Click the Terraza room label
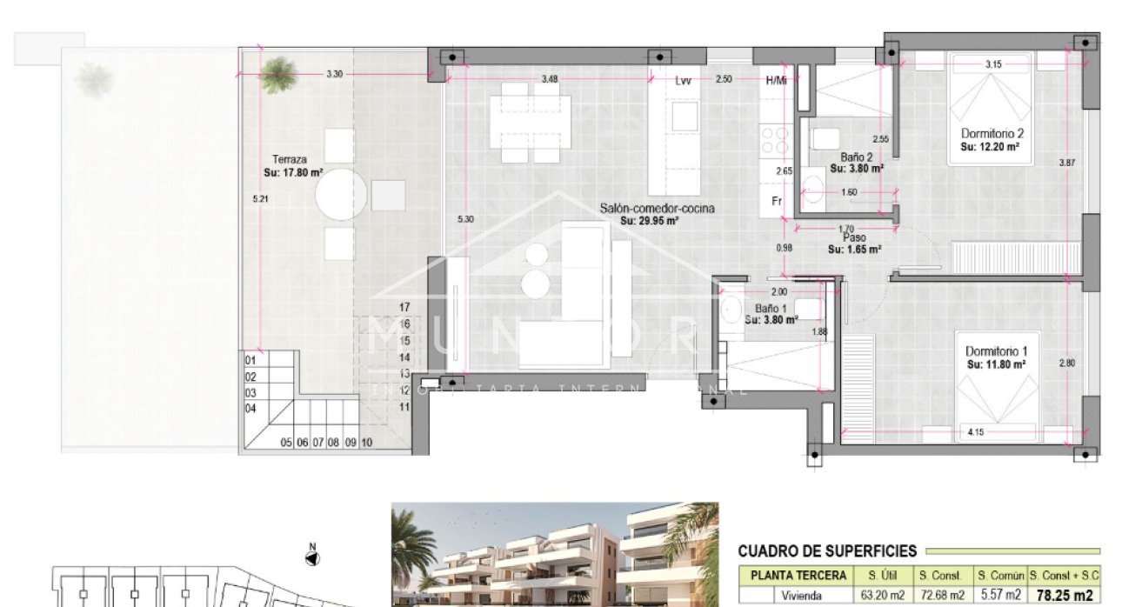pyautogui.click(x=289, y=160)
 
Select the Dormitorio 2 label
pyautogui.click(x=992, y=134)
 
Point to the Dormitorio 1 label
pyautogui.click(x=995, y=351)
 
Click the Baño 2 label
pyautogui.click(x=856, y=157)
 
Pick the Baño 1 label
pyautogui.click(x=771, y=309)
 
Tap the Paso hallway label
pyautogui.click(x=852, y=237)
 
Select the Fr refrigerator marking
pyautogui.click(x=777, y=201)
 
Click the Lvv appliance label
pyautogui.click(x=683, y=80)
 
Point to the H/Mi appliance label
pyautogui.click(x=776, y=80)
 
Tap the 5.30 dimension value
pyautogui.click(x=465, y=219)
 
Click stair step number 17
pyautogui.click(x=404, y=307)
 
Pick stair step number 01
pyautogui.click(x=250, y=360)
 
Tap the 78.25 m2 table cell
pyautogui.click(x=1064, y=596)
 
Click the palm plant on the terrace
pyautogui.click(x=277, y=74)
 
